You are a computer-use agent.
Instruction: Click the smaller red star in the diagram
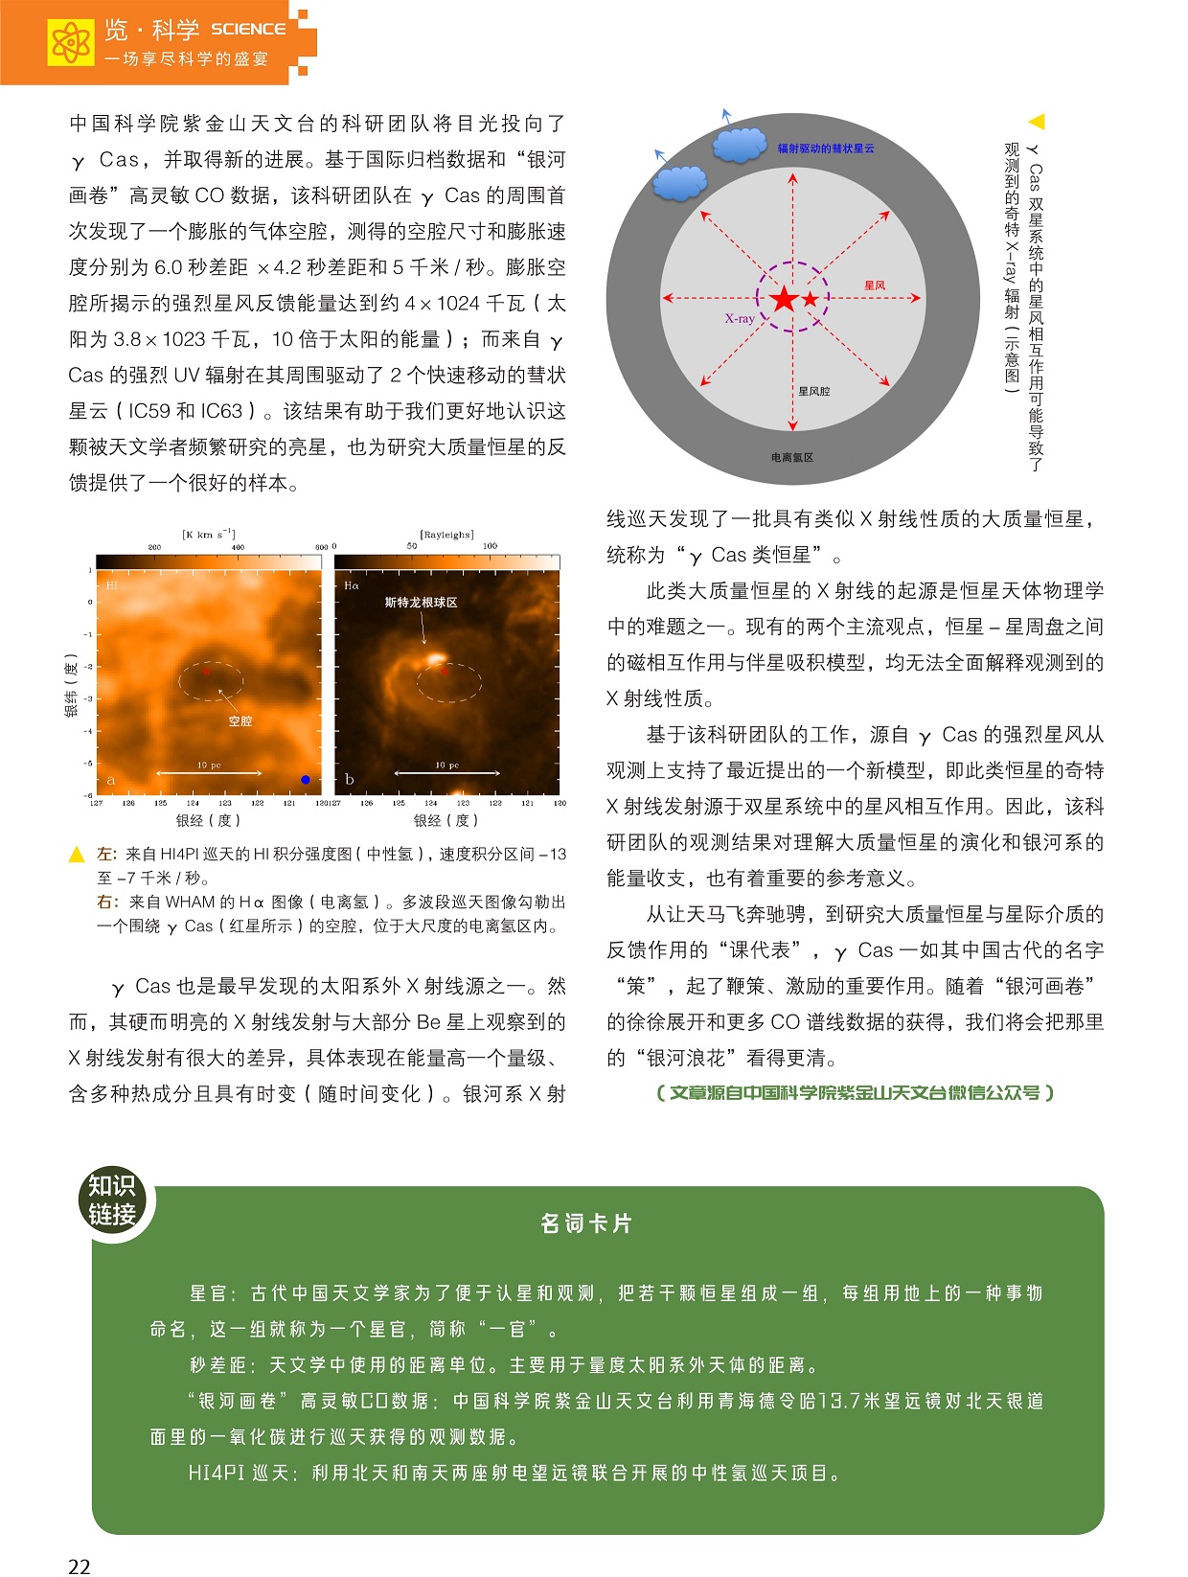(811, 299)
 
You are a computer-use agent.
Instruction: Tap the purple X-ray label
(739, 318)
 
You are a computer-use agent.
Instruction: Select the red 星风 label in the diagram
(874, 286)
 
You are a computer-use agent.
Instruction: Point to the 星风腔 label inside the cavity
(813, 391)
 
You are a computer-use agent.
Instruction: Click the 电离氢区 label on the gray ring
(791, 458)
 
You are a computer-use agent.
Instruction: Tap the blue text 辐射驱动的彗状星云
(826, 149)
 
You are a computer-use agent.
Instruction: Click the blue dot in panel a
(305, 780)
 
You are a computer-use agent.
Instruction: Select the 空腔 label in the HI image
(240, 720)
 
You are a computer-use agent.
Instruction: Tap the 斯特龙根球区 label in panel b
(421, 603)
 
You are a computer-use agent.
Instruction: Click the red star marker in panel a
(206, 672)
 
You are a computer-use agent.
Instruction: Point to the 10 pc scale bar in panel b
(446, 771)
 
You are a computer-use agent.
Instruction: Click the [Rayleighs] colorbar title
(446, 535)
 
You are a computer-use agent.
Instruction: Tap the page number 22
(80, 1566)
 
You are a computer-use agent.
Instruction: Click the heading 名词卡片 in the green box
(586, 1223)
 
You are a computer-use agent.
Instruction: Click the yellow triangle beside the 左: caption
(78, 855)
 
